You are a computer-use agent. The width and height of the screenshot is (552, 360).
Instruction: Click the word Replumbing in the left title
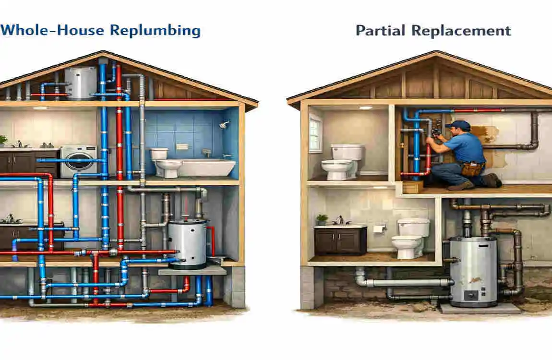click(x=155, y=31)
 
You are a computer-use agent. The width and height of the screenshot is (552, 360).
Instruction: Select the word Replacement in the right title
click(x=461, y=31)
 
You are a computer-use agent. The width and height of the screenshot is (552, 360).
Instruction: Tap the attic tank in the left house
click(x=80, y=84)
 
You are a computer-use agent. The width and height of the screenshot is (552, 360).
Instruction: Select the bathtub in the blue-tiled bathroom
click(x=205, y=167)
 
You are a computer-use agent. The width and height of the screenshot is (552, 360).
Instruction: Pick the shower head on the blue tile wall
click(x=224, y=125)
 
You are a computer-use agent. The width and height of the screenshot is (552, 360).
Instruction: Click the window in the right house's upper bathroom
click(x=315, y=132)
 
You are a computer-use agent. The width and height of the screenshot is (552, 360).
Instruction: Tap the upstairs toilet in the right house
click(x=341, y=162)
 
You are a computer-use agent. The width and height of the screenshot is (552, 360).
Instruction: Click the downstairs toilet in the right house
click(x=410, y=238)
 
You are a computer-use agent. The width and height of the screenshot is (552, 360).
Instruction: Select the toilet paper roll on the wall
click(x=378, y=228)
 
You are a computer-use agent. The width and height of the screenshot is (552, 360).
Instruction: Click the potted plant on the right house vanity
click(x=322, y=220)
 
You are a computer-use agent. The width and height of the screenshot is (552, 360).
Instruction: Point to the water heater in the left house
click(x=187, y=244)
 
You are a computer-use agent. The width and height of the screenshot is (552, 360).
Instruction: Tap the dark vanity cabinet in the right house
click(x=340, y=240)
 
